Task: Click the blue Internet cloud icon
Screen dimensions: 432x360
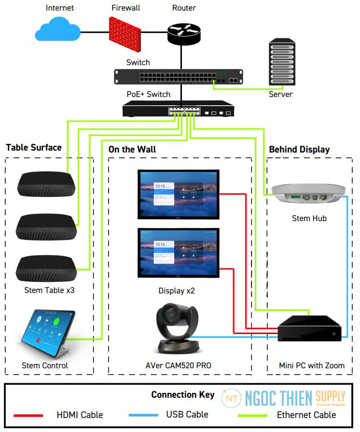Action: [57, 30]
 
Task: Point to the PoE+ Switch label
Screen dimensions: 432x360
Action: [149, 94]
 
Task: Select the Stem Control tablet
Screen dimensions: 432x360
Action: [45, 333]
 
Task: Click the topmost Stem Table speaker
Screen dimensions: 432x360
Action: [46, 184]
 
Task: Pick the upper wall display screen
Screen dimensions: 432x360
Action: [179, 193]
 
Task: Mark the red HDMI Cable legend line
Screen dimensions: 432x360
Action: [28, 415]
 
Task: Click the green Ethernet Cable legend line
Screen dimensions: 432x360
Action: [252, 415]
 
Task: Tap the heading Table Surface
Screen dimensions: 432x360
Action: [34, 148]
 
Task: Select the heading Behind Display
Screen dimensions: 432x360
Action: [299, 150]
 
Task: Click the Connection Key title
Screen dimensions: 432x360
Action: [183, 395]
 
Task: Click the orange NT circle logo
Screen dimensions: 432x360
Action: [231, 398]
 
